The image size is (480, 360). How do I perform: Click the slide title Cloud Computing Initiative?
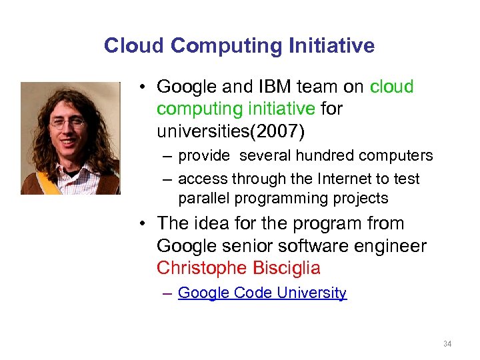[239, 45]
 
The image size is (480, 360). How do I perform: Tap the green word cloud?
[392, 87]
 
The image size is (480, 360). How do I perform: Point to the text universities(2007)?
[231, 131]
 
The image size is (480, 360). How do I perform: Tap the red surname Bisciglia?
[287, 268]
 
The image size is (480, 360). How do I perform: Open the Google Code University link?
[262, 293]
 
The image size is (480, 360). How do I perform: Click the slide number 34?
[447, 344]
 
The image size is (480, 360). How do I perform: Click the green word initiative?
[281, 109]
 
